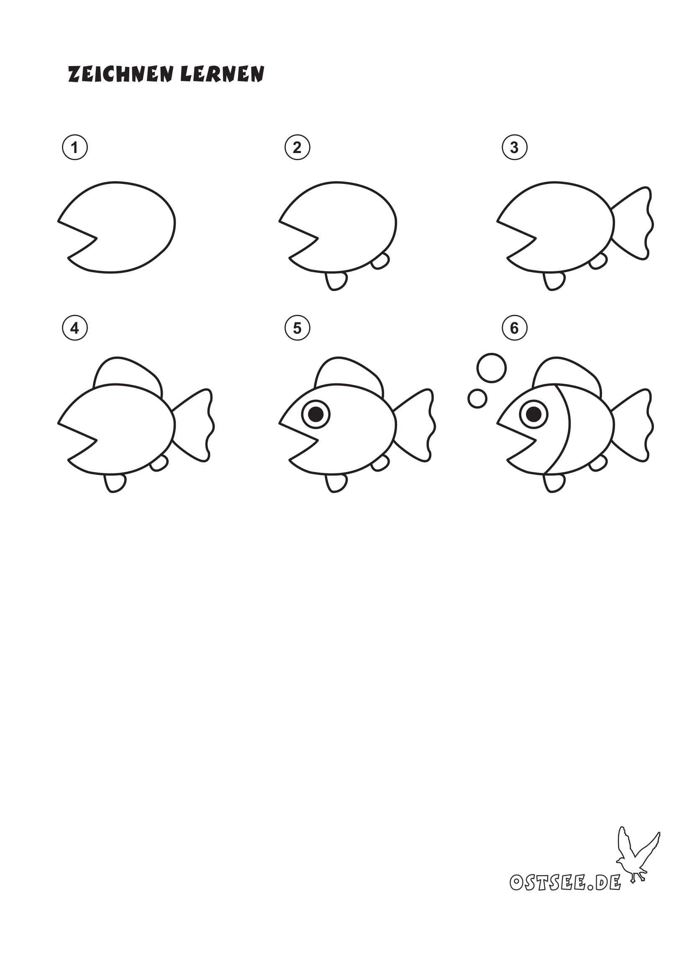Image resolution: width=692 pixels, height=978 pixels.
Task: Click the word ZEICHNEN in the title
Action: (120, 74)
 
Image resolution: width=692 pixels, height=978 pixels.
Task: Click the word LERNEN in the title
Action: (222, 74)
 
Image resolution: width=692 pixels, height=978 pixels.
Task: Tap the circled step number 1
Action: (75, 147)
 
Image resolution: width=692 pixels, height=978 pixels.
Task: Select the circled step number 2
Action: (297, 147)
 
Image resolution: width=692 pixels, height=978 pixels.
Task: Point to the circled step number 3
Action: (514, 147)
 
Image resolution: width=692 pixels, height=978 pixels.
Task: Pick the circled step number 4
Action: (75, 328)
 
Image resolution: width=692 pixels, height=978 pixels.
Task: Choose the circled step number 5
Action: (297, 328)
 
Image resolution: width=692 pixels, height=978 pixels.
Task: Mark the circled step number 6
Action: (514, 328)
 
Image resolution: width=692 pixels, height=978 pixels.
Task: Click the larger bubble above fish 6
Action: (492, 368)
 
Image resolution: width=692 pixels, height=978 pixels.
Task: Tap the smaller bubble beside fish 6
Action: (477, 399)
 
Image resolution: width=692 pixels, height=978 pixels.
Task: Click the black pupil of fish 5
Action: (316, 413)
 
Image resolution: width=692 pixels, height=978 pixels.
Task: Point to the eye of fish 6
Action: (533, 413)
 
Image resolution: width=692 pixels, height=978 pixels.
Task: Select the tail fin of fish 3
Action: (633, 223)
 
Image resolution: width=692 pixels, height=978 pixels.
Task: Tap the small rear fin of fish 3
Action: (598, 260)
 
